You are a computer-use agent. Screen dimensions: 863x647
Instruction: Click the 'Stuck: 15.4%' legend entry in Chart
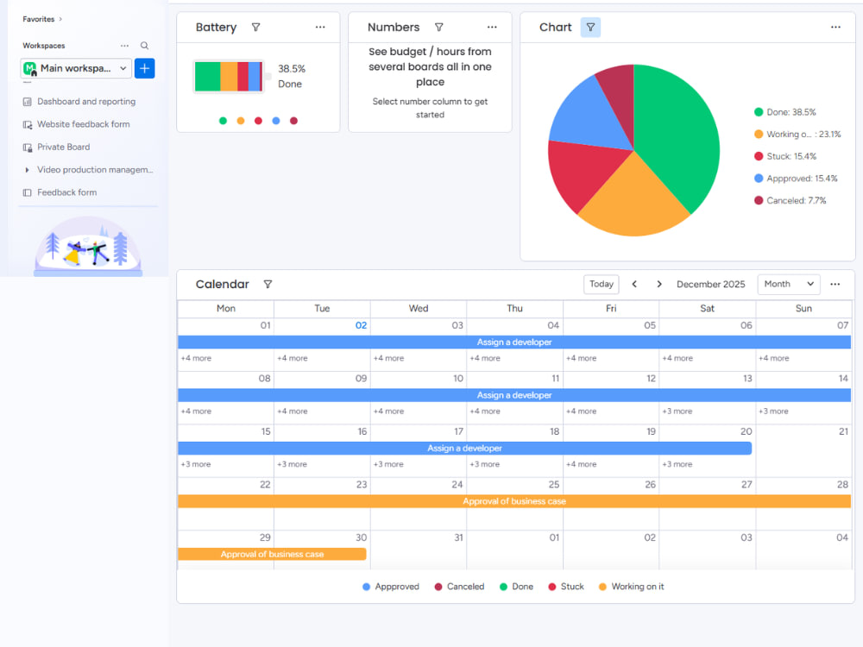pos(784,156)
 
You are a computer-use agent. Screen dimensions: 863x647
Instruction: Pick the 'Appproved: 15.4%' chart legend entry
pos(796,179)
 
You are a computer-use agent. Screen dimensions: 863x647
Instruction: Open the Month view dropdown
pos(788,284)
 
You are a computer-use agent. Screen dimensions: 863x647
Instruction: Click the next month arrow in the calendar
pos(658,284)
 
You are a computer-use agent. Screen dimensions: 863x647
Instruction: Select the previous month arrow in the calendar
pos(634,284)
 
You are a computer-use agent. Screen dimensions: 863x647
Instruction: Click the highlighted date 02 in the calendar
pos(361,325)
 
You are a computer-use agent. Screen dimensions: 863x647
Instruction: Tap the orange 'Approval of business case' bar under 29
pos(272,554)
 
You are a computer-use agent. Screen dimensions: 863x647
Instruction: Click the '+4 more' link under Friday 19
pos(581,464)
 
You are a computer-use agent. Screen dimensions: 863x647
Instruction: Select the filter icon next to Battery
pos(256,27)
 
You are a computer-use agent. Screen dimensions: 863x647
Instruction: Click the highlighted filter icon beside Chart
pos(590,27)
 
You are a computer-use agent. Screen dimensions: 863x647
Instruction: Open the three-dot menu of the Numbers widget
pos(492,27)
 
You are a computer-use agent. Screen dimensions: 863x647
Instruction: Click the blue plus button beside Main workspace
pos(145,68)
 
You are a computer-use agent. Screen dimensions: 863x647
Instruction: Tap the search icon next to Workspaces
pos(144,46)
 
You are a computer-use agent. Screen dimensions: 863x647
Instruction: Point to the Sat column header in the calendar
pos(708,308)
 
